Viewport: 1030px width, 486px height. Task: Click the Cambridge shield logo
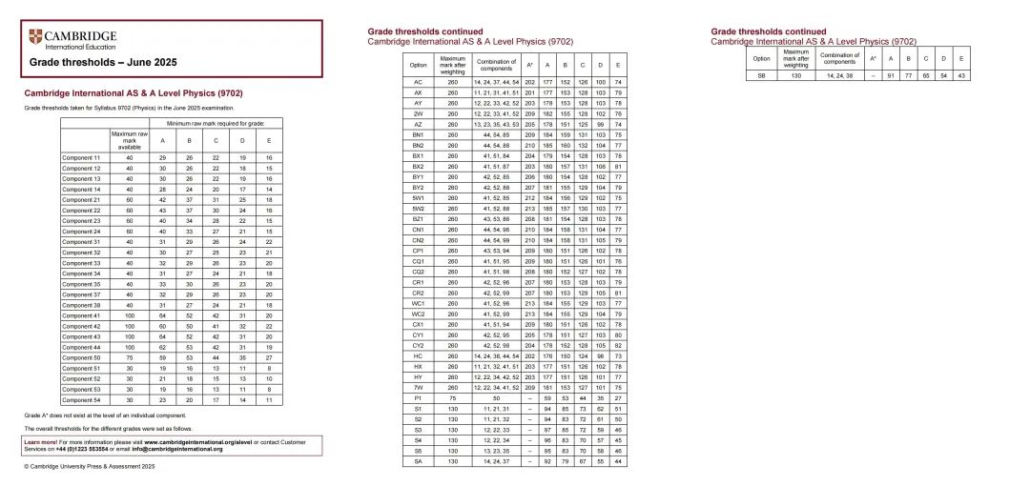point(36,38)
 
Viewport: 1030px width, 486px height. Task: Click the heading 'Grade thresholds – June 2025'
point(103,63)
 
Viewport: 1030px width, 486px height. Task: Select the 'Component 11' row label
point(81,157)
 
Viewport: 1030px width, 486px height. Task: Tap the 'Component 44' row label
point(81,347)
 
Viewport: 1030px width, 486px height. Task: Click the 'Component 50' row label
point(81,357)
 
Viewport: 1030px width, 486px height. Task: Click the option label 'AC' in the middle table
point(418,83)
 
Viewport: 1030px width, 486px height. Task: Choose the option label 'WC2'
point(418,314)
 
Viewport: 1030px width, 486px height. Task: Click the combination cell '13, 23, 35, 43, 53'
point(497,125)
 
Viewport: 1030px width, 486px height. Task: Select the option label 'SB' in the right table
point(761,74)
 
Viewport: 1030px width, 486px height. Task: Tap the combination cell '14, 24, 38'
point(840,74)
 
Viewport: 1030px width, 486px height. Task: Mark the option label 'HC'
point(418,355)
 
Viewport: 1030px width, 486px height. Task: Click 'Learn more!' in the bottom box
point(41,442)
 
